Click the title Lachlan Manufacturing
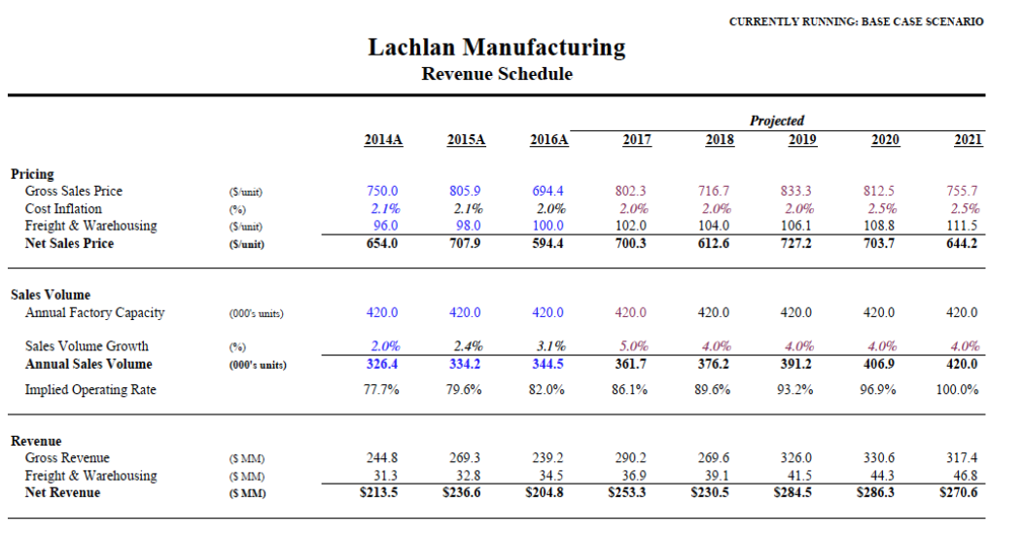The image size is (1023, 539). [497, 48]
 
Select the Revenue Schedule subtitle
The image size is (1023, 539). [497, 74]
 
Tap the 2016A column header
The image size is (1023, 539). [548, 140]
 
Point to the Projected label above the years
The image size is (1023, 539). [776, 121]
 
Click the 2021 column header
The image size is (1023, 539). [968, 140]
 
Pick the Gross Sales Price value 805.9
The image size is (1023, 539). [465, 191]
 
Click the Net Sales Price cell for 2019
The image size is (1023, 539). [796, 243]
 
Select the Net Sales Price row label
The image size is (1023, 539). [69, 243]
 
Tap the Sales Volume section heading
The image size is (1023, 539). [51, 295]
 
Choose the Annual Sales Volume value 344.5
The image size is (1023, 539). [547, 364]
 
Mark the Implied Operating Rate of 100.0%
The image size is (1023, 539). [957, 390]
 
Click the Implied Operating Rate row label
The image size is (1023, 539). [90, 390]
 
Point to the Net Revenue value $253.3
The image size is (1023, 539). [626, 492]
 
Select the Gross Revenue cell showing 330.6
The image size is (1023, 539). [879, 458]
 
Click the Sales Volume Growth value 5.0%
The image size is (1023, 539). [633, 346]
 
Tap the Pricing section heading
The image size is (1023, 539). [32, 174]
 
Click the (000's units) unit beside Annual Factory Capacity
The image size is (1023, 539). [256, 314]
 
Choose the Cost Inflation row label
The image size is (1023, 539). [63, 209]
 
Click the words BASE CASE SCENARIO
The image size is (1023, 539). [922, 21]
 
